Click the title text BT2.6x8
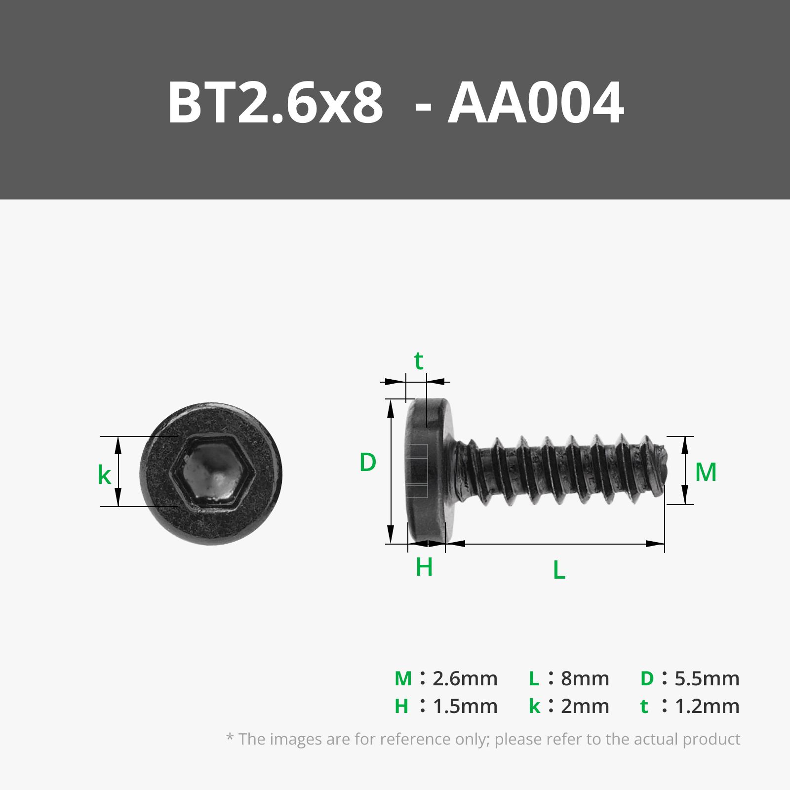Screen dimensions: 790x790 (275, 103)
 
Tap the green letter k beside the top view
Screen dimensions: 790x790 (104, 475)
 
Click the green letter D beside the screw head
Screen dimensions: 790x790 (368, 463)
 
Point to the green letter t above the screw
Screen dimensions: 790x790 (419, 361)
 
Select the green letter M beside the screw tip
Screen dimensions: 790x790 (706, 472)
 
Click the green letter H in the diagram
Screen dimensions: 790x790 (424, 567)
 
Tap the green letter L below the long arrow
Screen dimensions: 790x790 (559, 570)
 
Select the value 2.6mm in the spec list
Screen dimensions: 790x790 (465, 679)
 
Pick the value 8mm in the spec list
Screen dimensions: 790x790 (585, 679)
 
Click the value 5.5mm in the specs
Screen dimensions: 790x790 (707, 679)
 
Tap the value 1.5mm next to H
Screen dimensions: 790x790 (465, 707)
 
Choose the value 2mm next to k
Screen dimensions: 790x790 (585, 707)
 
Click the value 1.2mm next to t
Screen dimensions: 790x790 (707, 707)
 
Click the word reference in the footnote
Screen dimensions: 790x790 (415, 739)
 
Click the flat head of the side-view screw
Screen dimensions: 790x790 (426, 472)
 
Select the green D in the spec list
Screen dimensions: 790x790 (647, 679)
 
